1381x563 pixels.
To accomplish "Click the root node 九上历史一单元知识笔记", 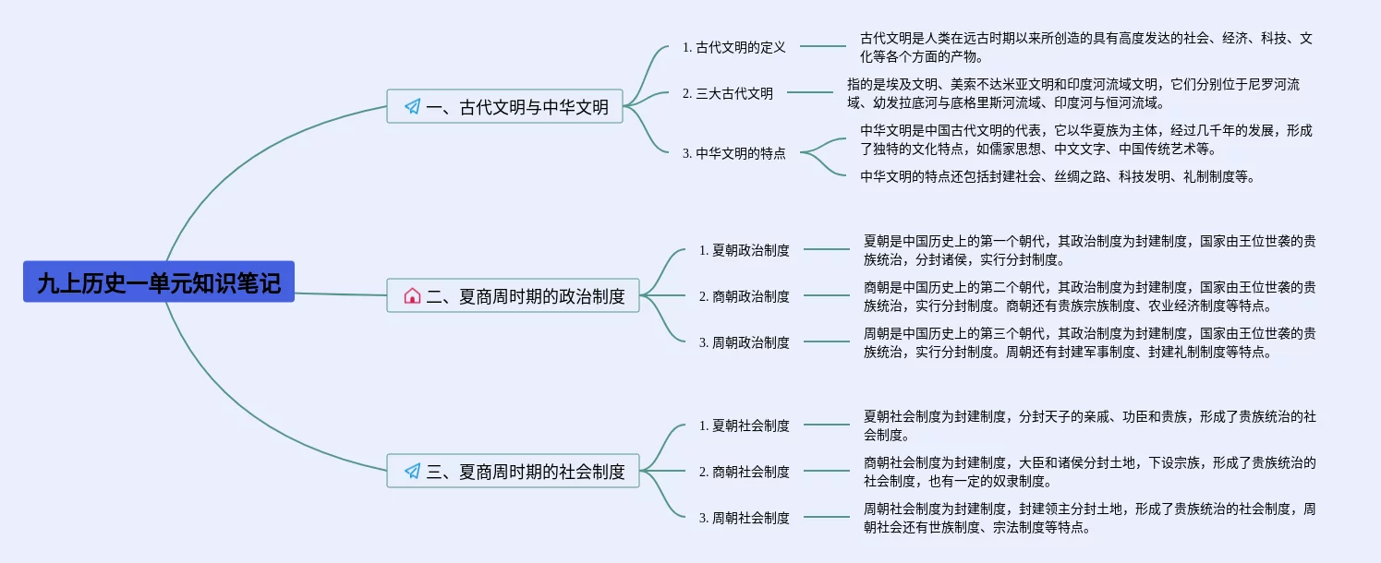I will click(159, 282).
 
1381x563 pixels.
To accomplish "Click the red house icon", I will click(412, 296).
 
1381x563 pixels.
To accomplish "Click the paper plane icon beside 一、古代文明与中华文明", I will click(412, 107).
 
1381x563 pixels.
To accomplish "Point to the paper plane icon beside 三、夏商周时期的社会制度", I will click(412, 472).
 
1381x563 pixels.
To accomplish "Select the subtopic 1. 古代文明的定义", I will click(733, 46).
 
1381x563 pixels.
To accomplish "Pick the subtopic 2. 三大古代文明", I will click(727, 92).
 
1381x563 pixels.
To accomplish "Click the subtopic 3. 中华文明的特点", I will click(733, 153).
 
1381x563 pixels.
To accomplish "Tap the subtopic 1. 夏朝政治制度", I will click(744, 249).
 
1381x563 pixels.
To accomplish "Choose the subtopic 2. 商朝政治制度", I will click(744, 295).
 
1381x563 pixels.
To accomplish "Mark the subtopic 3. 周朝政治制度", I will click(744, 341).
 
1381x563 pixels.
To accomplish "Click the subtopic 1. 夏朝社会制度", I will click(744, 425).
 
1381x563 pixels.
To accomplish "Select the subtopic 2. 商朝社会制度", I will click(744, 471).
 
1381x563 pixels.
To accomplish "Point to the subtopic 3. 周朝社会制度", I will click(744, 517).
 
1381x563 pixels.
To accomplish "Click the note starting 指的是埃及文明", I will click(1073, 93).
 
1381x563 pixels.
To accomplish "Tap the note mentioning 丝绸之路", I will click(1058, 176).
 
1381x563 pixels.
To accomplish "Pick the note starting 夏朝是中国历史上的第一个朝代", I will click(1090, 250).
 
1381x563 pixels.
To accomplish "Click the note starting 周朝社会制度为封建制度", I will click(1090, 518).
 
